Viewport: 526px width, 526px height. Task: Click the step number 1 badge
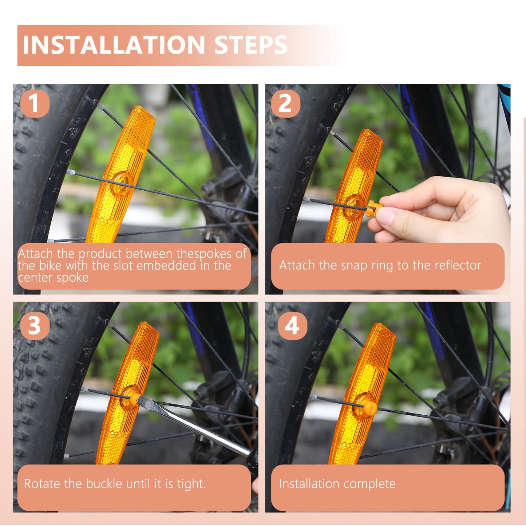coord(35,103)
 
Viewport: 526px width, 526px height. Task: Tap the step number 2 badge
coord(285,103)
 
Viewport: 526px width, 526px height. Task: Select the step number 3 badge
coord(35,325)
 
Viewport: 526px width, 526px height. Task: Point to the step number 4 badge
coord(292,325)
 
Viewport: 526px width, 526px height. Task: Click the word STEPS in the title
coord(251,45)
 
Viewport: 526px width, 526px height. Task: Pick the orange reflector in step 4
coord(364,393)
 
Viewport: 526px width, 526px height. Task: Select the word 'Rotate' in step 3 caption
coord(42,484)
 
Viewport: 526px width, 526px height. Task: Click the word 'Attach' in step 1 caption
coord(35,253)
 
